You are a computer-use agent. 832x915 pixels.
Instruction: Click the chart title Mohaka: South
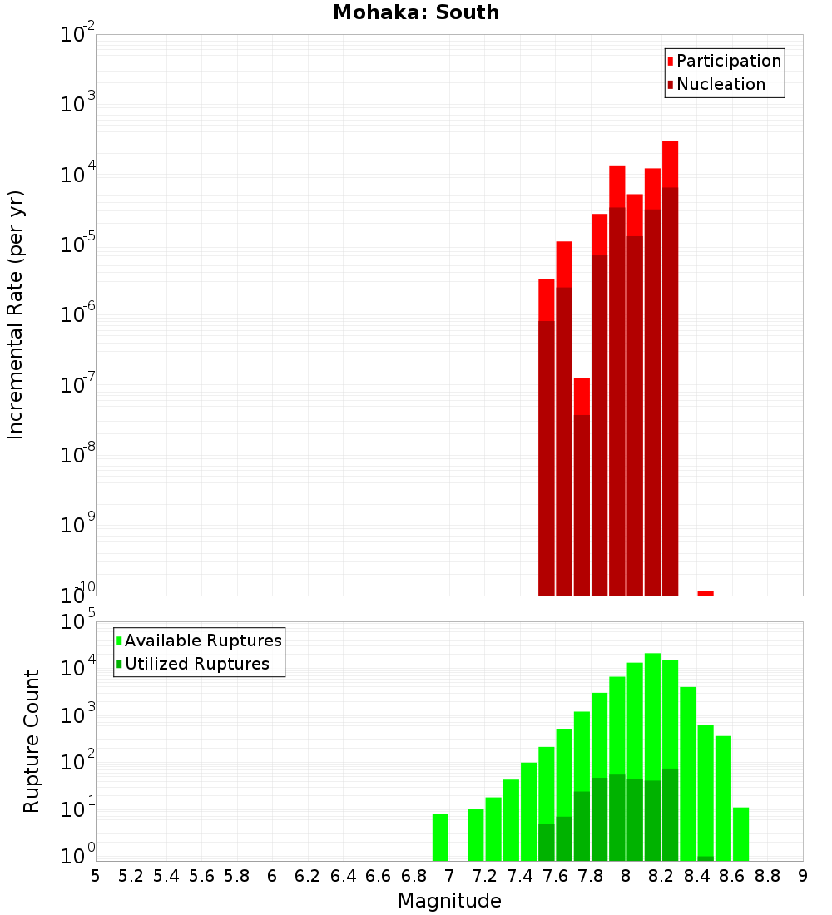click(416, 13)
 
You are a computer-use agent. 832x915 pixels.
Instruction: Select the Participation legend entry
click(728, 62)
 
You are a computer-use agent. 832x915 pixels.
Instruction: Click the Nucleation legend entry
click(720, 85)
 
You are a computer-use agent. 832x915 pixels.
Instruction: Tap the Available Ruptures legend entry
click(202, 640)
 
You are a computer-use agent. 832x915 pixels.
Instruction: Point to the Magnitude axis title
click(449, 901)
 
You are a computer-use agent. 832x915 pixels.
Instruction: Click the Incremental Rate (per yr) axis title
click(16, 314)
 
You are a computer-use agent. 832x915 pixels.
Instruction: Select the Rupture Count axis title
click(32, 740)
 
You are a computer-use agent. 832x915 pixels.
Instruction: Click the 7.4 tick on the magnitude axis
click(520, 876)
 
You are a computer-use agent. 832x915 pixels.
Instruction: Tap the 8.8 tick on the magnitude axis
click(768, 876)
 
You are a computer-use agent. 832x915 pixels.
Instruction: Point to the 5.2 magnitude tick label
click(131, 876)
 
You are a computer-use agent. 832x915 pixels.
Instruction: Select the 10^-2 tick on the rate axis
click(77, 35)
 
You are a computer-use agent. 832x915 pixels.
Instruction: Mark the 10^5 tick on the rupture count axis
click(77, 622)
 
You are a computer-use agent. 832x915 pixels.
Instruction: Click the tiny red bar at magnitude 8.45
click(706, 593)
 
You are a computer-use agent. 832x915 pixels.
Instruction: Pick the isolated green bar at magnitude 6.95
click(440, 837)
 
